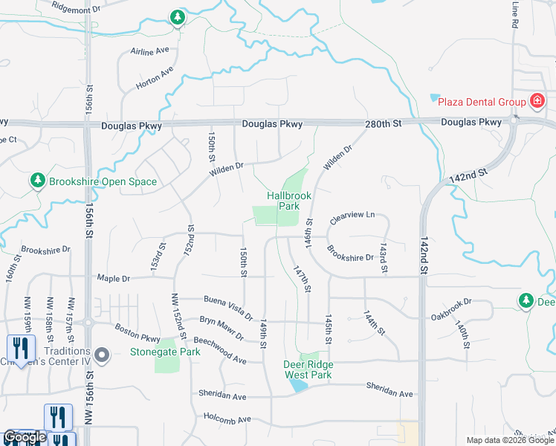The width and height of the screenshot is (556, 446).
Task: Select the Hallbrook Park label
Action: [289, 201]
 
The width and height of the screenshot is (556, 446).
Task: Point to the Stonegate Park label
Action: [165, 352]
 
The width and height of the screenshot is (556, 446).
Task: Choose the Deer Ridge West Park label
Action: [308, 369]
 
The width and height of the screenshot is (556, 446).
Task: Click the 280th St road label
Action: [383, 123]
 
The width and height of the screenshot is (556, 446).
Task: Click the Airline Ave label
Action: [149, 51]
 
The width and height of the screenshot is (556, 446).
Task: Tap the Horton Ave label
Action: [155, 78]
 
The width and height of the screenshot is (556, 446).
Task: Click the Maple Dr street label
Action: [113, 279]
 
